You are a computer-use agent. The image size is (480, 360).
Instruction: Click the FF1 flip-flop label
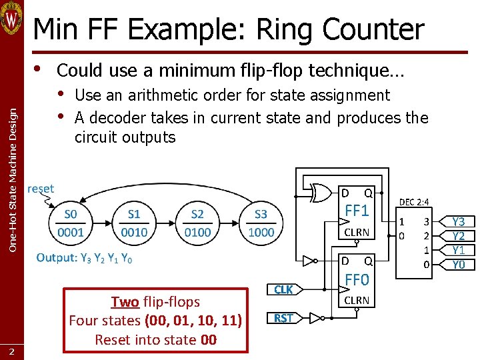pyautogui.click(x=357, y=211)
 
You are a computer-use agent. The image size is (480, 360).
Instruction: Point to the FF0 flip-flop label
pyautogui.click(x=357, y=279)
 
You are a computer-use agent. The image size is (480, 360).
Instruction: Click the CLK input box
pyautogui.click(x=283, y=289)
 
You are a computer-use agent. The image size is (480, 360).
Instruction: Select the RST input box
pyautogui.click(x=283, y=318)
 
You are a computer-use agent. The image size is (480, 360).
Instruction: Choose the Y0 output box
pyautogui.click(x=459, y=265)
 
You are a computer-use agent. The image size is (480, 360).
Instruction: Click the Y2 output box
pyautogui.click(x=459, y=236)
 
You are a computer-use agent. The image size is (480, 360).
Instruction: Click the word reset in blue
pyautogui.click(x=41, y=189)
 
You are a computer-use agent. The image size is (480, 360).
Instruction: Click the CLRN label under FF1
pyautogui.click(x=357, y=232)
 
